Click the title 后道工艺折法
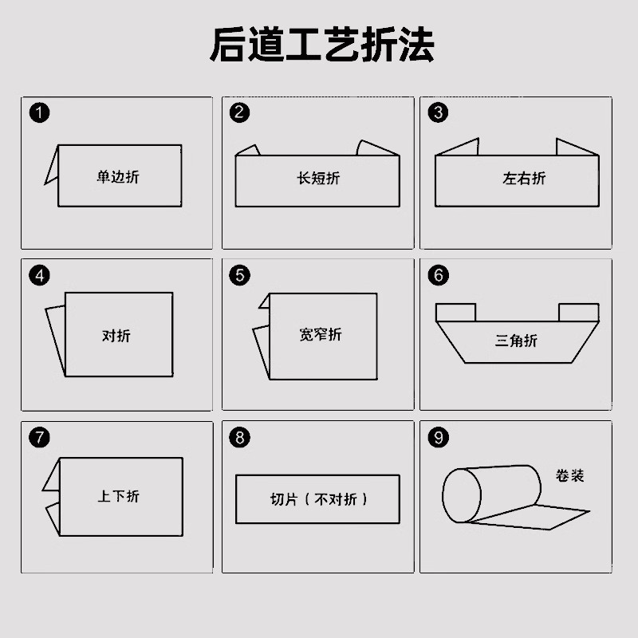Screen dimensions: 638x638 tap(321, 45)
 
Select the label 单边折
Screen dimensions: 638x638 tap(118, 176)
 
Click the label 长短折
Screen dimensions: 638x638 tap(317, 178)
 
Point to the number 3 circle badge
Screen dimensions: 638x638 tap(438, 112)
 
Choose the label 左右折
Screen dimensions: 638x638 tap(524, 178)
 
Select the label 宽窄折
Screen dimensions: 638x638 tap(321, 334)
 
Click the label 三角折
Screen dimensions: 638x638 tap(516, 341)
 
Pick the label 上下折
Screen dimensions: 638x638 tap(118, 496)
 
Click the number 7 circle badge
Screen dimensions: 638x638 tap(39, 437)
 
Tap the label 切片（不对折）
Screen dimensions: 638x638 tap(318, 500)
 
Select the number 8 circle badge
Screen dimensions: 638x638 tap(239, 437)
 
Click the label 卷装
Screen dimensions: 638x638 tap(570, 475)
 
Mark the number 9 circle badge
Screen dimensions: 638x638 tap(438, 437)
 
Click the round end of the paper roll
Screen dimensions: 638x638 tap(460, 495)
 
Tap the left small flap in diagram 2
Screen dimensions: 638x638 tap(248, 150)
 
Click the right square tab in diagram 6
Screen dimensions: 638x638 tap(578, 312)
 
